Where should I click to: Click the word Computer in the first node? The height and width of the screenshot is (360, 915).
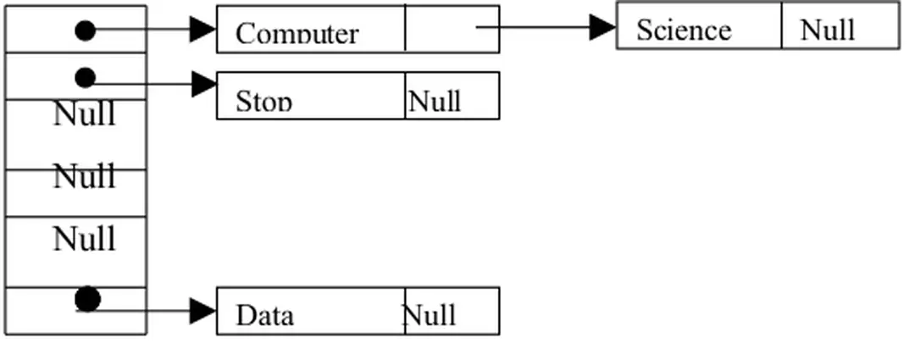pyautogui.click(x=297, y=34)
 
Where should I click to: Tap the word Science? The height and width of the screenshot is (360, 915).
pyautogui.click(x=683, y=30)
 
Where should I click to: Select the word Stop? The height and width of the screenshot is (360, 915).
pyautogui.click(x=264, y=102)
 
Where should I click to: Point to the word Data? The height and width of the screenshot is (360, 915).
pyautogui.click(x=264, y=315)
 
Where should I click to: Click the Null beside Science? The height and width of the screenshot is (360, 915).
pyautogui.click(x=827, y=30)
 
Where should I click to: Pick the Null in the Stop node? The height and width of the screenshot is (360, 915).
pyautogui.click(x=434, y=102)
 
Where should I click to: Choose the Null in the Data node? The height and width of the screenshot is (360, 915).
pyautogui.click(x=429, y=315)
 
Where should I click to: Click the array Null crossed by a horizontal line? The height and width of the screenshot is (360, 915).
pyautogui.click(x=84, y=176)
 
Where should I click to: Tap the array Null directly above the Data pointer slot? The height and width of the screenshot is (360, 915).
pyautogui.click(x=84, y=239)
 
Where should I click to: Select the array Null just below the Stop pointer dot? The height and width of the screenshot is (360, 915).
pyautogui.click(x=84, y=113)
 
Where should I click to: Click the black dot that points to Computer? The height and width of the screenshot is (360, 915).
pyautogui.click(x=85, y=31)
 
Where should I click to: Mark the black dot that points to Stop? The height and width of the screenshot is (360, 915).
pyautogui.click(x=85, y=78)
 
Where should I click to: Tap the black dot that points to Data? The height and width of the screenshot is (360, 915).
pyautogui.click(x=87, y=299)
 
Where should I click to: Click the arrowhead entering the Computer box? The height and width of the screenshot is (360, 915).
pyautogui.click(x=203, y=30)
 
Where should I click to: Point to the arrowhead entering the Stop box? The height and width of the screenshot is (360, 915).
pyautogui.click(x=204, y=84)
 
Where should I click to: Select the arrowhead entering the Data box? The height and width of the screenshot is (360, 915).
pyautogui.click(x=203, y=311)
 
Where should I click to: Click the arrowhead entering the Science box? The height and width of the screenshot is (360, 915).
pyautogui.click(x=602, y=27)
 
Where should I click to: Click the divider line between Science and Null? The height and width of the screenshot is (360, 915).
pyautogui.click(x=781, y=25)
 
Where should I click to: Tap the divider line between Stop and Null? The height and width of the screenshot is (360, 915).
pyautogui.click(x=405, y=95)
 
